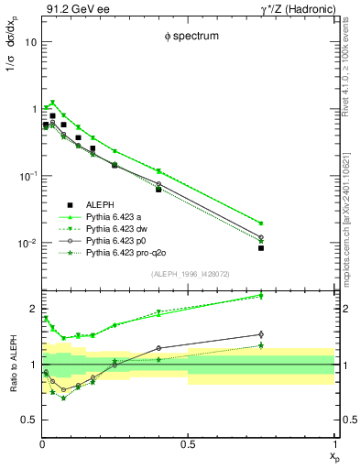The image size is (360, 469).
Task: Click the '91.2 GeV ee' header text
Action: [71, 9]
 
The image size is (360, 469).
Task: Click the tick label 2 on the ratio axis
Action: [32, 308]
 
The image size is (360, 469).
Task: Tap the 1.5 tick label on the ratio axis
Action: [29, 336]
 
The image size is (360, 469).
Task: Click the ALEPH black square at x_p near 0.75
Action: [261, 248]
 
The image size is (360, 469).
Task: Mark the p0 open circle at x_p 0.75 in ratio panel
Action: [261, 334]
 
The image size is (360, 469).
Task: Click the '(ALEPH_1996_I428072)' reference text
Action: [188, 273]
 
